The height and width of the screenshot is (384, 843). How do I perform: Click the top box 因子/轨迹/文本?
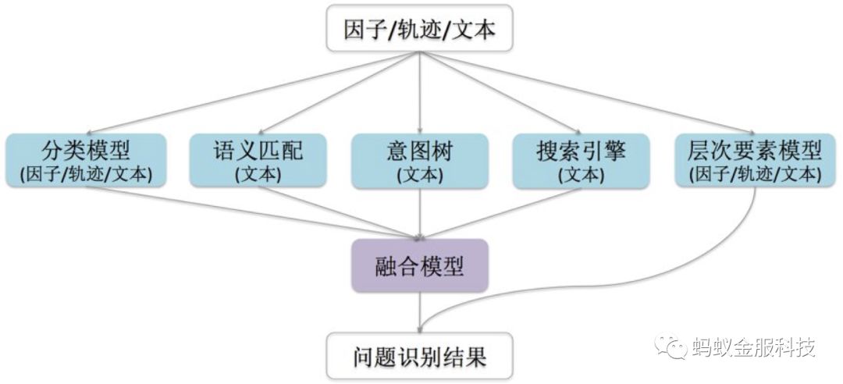tap(421, 30)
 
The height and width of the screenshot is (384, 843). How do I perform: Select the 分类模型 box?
tap(86, 160)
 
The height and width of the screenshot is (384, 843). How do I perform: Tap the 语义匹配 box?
tap(258, 160)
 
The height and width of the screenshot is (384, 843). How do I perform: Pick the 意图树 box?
tap(421, 160)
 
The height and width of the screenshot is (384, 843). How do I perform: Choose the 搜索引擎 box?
tap(582, 160)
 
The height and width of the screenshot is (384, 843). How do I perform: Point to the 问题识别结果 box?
tap(421, 358)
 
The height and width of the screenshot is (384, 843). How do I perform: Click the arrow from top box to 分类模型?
tap(258, 92)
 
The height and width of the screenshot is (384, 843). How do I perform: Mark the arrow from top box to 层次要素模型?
tap(585, 92)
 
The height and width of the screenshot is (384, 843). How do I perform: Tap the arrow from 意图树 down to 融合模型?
tap(421, 212)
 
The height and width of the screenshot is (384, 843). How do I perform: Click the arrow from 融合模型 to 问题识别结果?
tap(421, 312)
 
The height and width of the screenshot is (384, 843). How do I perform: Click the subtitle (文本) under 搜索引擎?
tap(582, 174)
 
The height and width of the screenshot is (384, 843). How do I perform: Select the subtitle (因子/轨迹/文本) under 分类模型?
tap(86, 174)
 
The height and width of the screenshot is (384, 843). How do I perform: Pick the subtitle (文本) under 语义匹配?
tap(258, 174)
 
